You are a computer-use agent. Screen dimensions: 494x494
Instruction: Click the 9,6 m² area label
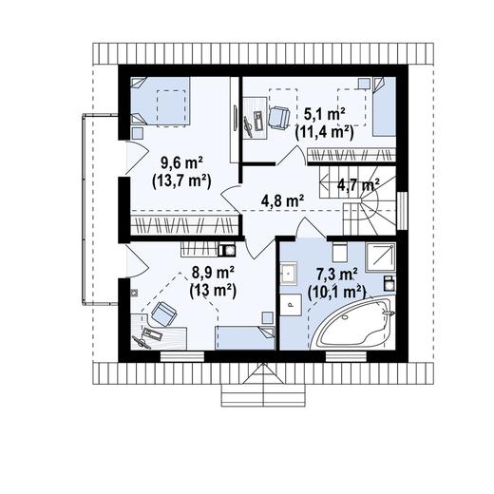click(181, 164)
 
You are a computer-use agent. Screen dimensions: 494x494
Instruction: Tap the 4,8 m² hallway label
click(283, 200)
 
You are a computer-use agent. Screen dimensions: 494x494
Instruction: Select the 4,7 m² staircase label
click(358, 184)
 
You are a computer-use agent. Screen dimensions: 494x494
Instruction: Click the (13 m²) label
click(213, 290)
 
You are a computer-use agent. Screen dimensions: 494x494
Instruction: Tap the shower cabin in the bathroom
click(380, 256)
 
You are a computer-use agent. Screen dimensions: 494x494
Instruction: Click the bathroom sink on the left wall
click(289, 273)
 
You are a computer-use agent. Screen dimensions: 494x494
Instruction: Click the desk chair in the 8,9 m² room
click(164, 313)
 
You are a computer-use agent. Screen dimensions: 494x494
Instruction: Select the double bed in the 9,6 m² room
click(161, 102)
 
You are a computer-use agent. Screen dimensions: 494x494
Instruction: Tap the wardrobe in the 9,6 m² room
click(184, 225)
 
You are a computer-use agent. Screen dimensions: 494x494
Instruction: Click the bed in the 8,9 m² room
click(245, 338)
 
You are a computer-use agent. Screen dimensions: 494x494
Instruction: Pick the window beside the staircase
click(402, 211)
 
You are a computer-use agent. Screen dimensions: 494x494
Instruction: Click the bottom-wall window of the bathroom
click(346, 356)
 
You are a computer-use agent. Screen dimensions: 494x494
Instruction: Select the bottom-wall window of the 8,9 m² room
click(182, 356)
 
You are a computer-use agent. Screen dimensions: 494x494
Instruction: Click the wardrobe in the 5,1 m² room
click(351, 156)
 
